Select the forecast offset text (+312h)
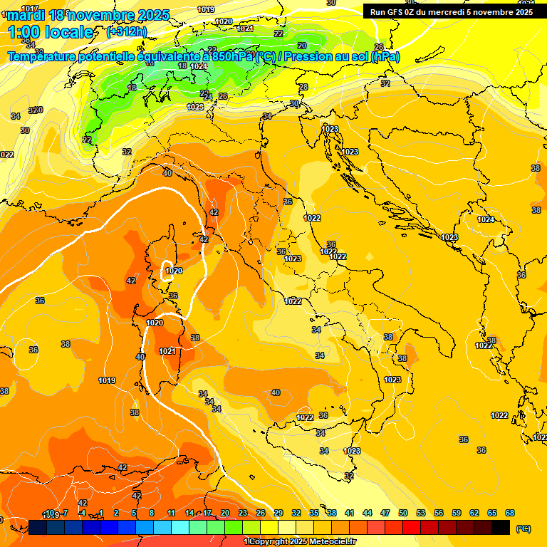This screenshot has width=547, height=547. (x=126, y=31)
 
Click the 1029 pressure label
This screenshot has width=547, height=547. (x=224, y=21)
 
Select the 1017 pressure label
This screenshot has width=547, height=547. (x=31, y=9)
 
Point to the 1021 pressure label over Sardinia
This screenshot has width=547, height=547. (x=167, y=351)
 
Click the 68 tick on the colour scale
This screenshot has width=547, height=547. (x=510, y=513)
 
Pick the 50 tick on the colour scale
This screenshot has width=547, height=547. (x=403, y=513)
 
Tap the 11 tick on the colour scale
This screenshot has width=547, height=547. (x=172, y=513)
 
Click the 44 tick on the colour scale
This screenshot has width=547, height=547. (x=368, y=513)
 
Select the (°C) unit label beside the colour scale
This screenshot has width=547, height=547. (x=523, y=528)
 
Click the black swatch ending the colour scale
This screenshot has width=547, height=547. (x=501, y=527)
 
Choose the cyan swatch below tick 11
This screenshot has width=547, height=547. (x=180, y=527)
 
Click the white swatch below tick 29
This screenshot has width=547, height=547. (x=287, y=527)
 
